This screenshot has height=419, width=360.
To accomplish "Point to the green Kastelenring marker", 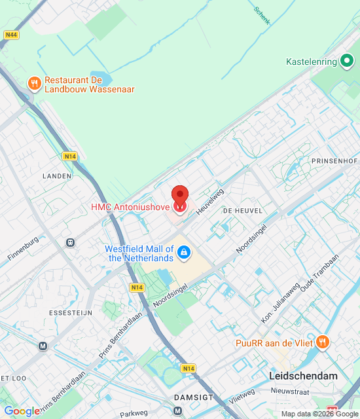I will pos(347,62).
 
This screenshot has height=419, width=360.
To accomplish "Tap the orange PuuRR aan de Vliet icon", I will pos(322,342).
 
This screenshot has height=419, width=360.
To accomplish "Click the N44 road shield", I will pos(10,35).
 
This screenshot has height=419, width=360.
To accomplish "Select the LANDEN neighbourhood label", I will pos(57,176).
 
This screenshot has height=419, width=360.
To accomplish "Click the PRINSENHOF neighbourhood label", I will pos(334,160).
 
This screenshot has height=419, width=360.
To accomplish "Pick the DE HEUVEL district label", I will pos(242,211).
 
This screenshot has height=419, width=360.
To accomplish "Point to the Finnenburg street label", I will pos(23,249).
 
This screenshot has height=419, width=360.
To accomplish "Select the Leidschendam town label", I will pos(303,376).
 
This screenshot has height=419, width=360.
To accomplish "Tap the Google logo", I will pos(22,411).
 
